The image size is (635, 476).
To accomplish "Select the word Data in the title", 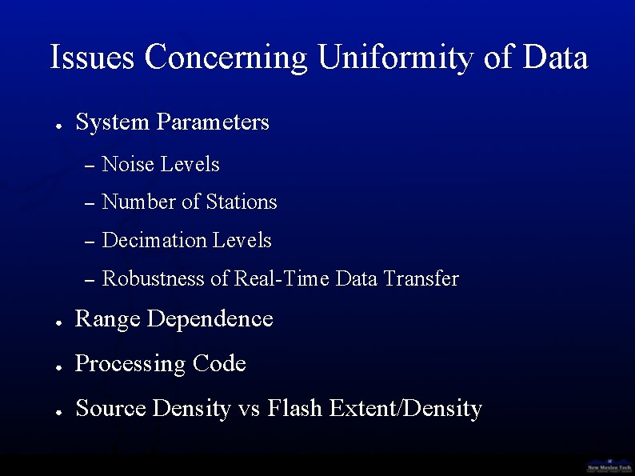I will point(555,58).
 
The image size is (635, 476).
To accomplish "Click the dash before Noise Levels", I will point(90,166).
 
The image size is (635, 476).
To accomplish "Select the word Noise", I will point(129,164).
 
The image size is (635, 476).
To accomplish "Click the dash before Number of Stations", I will point(90,203).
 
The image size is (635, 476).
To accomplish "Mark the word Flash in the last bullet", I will point(295,408).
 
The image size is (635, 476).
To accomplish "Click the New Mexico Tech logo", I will point(609,465).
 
